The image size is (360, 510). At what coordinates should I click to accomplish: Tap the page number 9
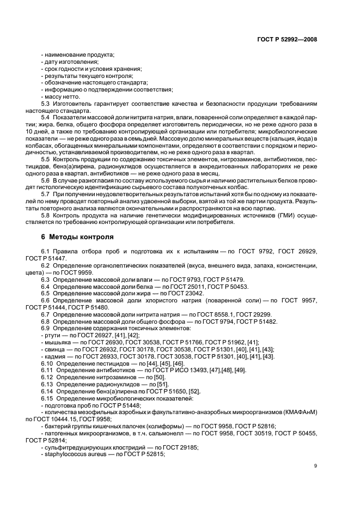pos(315,465)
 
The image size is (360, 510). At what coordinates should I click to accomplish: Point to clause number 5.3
pos(46,103)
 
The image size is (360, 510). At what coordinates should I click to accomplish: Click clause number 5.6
pos(46,180)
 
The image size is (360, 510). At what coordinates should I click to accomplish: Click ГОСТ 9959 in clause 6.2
pos(77,271)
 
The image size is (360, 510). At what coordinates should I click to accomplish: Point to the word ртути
pos(53,335)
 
